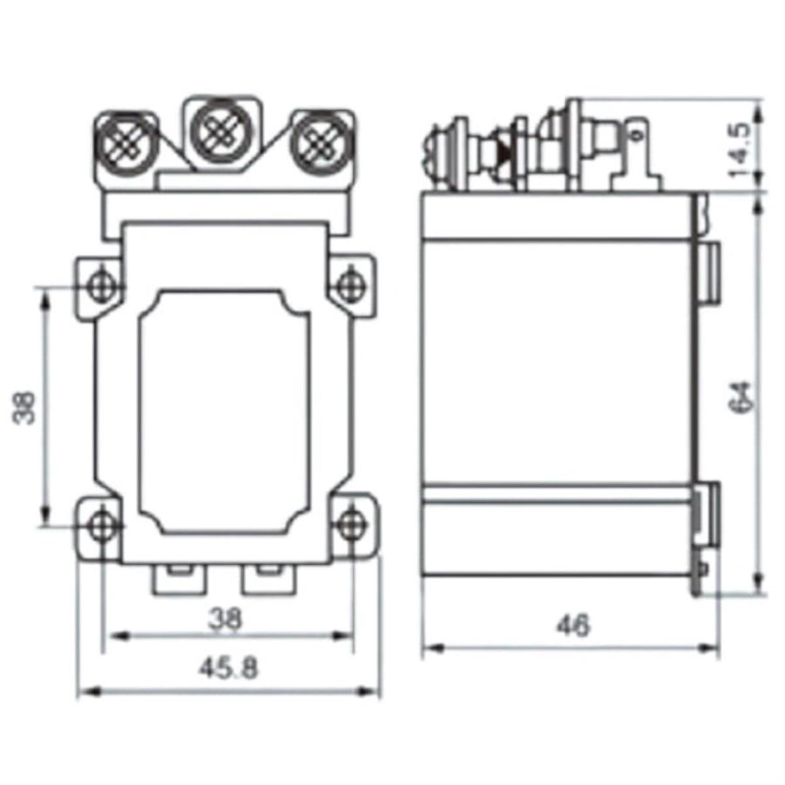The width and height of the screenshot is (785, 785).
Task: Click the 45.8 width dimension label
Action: click(229, 669)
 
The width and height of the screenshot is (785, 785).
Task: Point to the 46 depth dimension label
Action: click(572, 625)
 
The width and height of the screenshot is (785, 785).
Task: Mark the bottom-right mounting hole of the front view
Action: click(351, 524)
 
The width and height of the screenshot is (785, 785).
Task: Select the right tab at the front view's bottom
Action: click(268, 579)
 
